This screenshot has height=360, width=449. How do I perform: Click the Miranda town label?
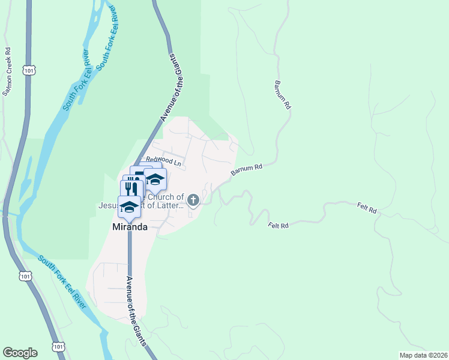(130, 227)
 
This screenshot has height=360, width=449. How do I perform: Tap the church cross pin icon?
(193, 199)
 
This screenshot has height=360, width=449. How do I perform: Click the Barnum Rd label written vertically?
(283, 94)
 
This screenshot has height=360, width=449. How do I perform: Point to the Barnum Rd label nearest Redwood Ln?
(247, 170)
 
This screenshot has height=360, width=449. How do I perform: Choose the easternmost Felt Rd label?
(366, 210)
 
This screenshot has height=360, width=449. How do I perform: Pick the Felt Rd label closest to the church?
(279, 225)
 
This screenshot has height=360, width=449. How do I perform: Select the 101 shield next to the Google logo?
(58, 347)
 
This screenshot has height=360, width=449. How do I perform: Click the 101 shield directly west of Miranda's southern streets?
(24, 275)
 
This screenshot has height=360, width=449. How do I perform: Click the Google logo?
(20, 353)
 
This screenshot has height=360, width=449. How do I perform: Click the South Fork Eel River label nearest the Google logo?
(62, 281)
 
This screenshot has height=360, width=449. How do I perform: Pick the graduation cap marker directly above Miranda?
(129, 205)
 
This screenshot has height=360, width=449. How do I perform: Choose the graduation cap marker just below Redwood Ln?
(155, 179)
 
